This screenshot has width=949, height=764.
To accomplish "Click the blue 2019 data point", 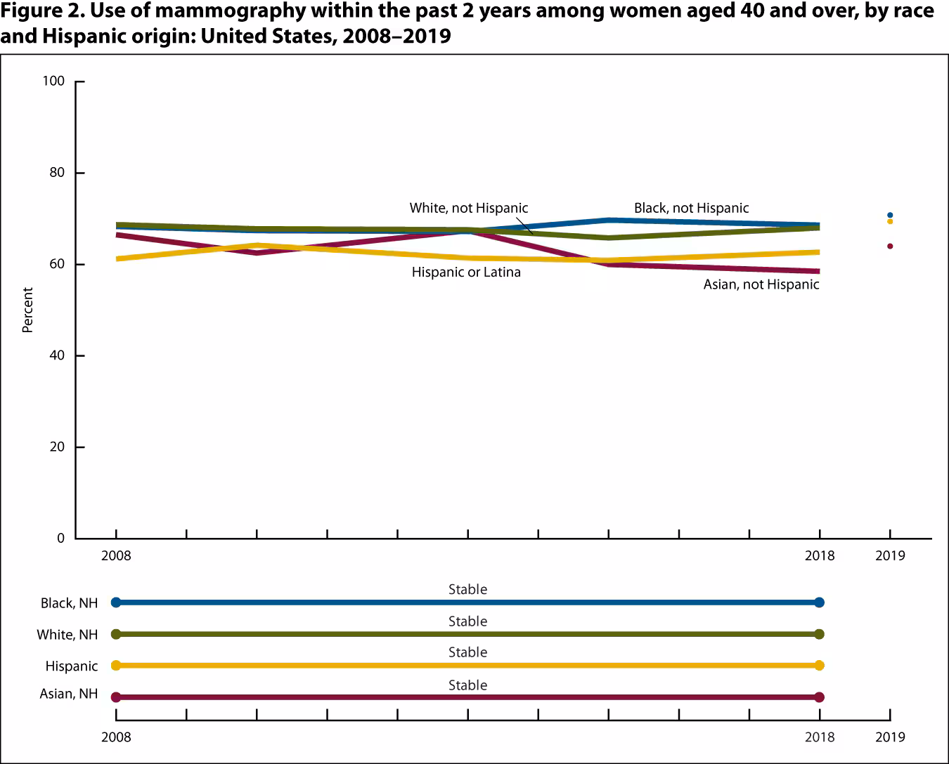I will (x=890, y=215).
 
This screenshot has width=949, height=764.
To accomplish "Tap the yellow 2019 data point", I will (x=890, y=221).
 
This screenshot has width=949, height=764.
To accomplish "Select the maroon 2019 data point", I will (x=890, y=246).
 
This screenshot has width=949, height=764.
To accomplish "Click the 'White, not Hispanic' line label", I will (x=468, y=208).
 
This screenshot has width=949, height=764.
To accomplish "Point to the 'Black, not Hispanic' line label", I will (x=691, y=208).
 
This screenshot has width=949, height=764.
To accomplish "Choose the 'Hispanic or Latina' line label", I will (x=466, y=272).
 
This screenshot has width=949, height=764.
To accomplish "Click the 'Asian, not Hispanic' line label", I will (x=761, y=284).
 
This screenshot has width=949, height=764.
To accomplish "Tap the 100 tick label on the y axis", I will (x=53, y=81).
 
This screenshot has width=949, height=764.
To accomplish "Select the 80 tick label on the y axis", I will (x=56, y=173).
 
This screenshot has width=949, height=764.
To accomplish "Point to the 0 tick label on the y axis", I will (x=60, y=539).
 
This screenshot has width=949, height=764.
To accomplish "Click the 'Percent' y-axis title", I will (x=27, y=310).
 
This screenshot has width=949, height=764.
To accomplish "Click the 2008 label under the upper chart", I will (x=116, y=555).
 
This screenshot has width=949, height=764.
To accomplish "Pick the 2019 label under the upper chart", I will (x=890, y=555).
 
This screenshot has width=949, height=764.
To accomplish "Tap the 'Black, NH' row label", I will (x=69, y=602).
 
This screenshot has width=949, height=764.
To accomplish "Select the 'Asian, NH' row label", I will (x=69, y=694).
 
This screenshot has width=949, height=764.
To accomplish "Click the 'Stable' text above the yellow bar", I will (x=467, y=652).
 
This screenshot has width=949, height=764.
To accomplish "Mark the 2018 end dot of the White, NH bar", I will (x=819, y=634).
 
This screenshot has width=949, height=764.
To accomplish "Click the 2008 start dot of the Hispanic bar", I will (x=116, y=665).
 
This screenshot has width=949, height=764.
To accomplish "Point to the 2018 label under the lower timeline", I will (x=819, y=737).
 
